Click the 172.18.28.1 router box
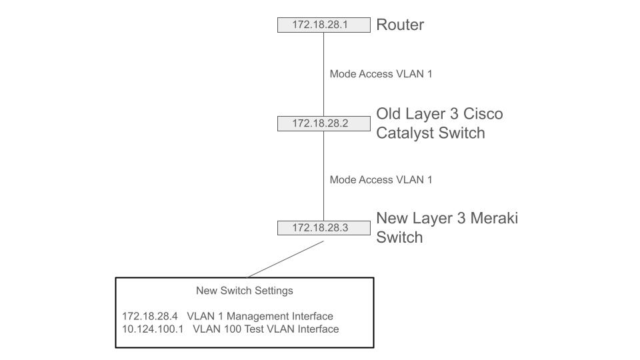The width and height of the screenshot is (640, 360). tap(323, 25)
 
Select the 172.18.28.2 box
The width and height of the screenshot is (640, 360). tap(323, 123)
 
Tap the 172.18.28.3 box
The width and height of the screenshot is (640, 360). tap(323, 228)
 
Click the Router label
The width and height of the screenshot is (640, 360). tap(400, 25)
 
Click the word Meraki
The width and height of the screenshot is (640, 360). tap(494, 219)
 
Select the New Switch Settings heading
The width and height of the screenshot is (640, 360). tap(244, 291)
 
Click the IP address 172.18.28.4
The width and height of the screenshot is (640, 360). tap(150, 316)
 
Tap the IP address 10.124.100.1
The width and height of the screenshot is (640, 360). tap(153, 329)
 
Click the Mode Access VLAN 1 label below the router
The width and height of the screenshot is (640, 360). tap(381, 74)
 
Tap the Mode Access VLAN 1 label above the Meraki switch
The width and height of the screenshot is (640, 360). tap(381, 179)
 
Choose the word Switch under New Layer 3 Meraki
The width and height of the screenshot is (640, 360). tap(399, 237)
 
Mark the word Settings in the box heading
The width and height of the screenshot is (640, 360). tap(273, 291)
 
